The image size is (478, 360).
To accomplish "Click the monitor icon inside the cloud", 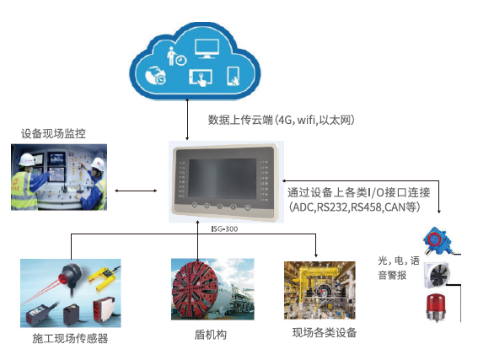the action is click(207, 49).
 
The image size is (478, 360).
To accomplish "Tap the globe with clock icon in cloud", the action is click(155, 75).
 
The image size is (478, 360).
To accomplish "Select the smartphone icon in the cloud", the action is click(234, 76).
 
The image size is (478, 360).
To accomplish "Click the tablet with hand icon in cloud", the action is click(201, 78).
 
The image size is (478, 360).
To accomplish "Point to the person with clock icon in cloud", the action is click(176, 56).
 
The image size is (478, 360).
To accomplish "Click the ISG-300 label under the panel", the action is click(224, 228).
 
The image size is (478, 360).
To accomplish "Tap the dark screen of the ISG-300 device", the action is click(223, 179).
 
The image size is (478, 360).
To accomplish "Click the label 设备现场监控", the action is click(53, 133).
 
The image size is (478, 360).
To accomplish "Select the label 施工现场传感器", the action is click(70, 338).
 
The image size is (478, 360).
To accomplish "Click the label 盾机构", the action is click(211, 335).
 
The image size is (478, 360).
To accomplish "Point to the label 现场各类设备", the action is click(325, 332).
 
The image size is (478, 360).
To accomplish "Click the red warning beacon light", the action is click(436, 307).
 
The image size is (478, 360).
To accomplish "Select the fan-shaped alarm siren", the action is click(438, 275).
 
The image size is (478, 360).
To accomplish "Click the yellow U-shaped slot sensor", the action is click(104, 279).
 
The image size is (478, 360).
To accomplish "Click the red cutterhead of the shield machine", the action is click(195, 289).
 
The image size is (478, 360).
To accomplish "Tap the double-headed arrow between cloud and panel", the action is click(187, 119).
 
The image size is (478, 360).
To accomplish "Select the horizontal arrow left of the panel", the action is click(136, 191).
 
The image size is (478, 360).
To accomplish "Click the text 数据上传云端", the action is click(240, 120).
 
